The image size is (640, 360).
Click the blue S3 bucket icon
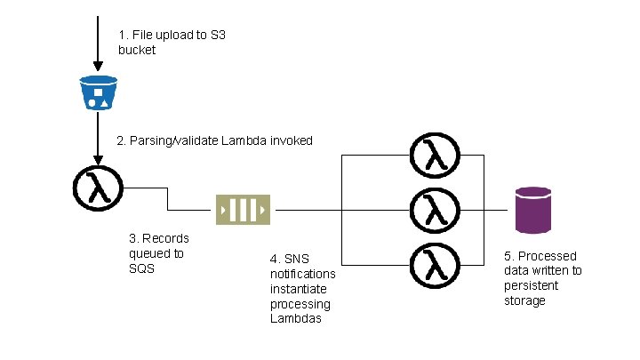[99, 92]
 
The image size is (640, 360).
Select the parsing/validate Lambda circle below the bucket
[98, 188]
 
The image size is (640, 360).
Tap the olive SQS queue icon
[243, 210]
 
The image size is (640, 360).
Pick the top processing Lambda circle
[435, 155]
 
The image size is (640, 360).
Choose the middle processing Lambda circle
[435, 210]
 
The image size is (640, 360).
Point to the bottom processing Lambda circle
[435, 265]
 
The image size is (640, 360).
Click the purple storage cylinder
[533, 210]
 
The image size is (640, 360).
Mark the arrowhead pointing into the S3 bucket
[98, 66]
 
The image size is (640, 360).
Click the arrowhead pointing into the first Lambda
[98, 160]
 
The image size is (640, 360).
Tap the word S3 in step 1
[218, 35]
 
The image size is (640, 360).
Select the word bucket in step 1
[137, 50]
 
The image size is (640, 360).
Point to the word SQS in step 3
[141, 268]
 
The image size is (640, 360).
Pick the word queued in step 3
[156, 254]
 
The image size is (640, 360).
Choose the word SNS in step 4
[297, 259]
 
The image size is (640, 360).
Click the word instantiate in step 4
[299, 289]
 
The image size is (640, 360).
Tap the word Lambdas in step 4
[296, 318]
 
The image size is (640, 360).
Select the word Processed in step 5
[548, 256]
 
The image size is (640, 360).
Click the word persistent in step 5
[531, 285]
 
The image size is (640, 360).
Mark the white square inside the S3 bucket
[99, 92]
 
